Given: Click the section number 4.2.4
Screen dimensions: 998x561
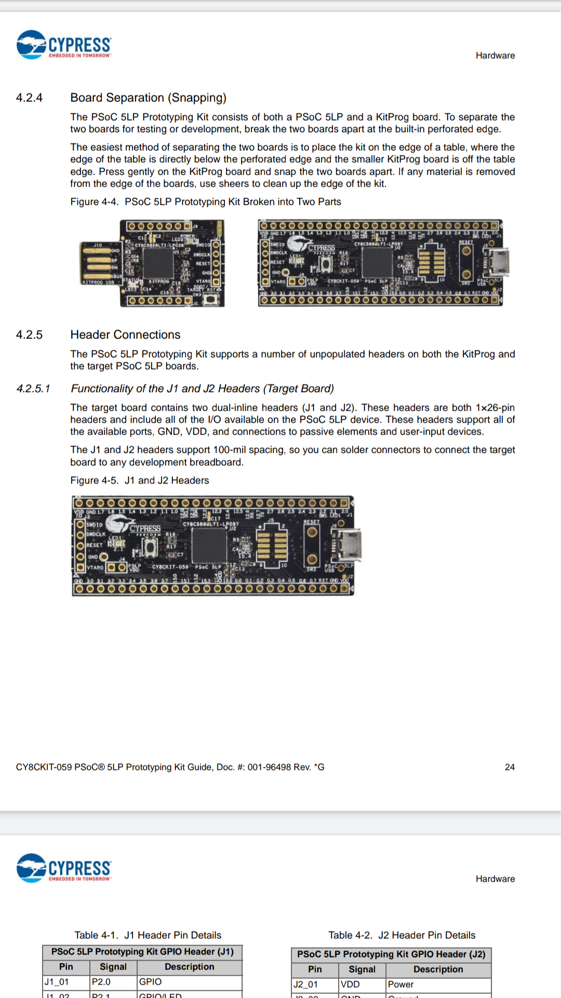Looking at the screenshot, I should pos(29,98).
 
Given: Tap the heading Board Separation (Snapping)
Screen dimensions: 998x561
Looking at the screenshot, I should pos(148,98).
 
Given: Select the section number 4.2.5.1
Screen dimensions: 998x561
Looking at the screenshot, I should pos(33,389).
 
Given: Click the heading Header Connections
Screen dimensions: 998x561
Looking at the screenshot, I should pos(125,335).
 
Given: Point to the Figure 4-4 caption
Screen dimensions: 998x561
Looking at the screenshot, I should pos(206,202).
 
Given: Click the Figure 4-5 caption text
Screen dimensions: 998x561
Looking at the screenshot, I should pos(140,480).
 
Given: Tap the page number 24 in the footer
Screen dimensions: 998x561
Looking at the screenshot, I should pos(510,767).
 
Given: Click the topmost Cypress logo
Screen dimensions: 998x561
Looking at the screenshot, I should pos(64,45).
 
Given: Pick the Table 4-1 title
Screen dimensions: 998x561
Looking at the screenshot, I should pos(148,935).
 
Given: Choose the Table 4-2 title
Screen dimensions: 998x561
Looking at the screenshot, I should pos(402,935).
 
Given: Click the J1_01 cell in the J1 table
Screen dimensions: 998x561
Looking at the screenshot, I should pos(57,982).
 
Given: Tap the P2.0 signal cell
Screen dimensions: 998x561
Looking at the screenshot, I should pos(101,982).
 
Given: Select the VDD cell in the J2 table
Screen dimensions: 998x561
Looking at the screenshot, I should pos(350,984).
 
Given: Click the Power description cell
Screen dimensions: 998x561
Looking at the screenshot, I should pos(401,984).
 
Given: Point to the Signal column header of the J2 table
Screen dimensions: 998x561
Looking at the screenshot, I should pos(362,969).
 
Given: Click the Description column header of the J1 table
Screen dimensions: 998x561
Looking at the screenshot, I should pos(189,967).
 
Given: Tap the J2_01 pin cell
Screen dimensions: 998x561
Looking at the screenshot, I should pos(305,984).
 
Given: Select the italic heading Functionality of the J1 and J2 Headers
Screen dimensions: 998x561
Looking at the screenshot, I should pos(202,389).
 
